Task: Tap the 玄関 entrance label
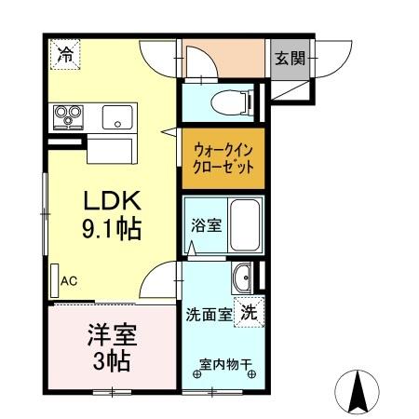click(x=289, y=58)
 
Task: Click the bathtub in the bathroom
click(x=243, y=225)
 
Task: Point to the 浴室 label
click(x=205, y=225)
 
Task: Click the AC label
click(x=69, y=279)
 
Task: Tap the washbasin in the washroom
click(x=242, y=277)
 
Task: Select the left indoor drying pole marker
click(x=196, y=374)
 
